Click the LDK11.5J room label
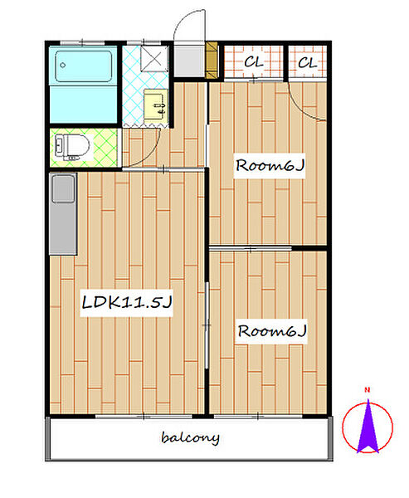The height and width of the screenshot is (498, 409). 127,302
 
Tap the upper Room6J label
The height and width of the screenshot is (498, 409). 270,165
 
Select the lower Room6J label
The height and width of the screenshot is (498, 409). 272,331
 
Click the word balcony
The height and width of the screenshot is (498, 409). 190,437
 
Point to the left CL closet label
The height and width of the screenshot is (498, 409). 253,62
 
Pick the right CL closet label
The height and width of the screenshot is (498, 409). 308,62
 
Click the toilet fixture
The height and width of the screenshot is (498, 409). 72,147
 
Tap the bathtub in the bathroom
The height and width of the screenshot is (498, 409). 84,66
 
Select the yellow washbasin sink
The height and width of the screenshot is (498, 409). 156,105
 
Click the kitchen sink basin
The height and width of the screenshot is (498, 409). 63,188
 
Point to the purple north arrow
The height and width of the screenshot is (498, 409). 368,427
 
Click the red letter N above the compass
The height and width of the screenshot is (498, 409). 367,390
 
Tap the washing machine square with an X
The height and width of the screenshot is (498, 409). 154,58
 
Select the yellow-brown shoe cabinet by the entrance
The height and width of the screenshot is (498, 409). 212,60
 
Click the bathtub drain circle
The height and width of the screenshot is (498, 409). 63,65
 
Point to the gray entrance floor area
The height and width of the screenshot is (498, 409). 189,61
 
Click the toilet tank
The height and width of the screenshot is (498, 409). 59,147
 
